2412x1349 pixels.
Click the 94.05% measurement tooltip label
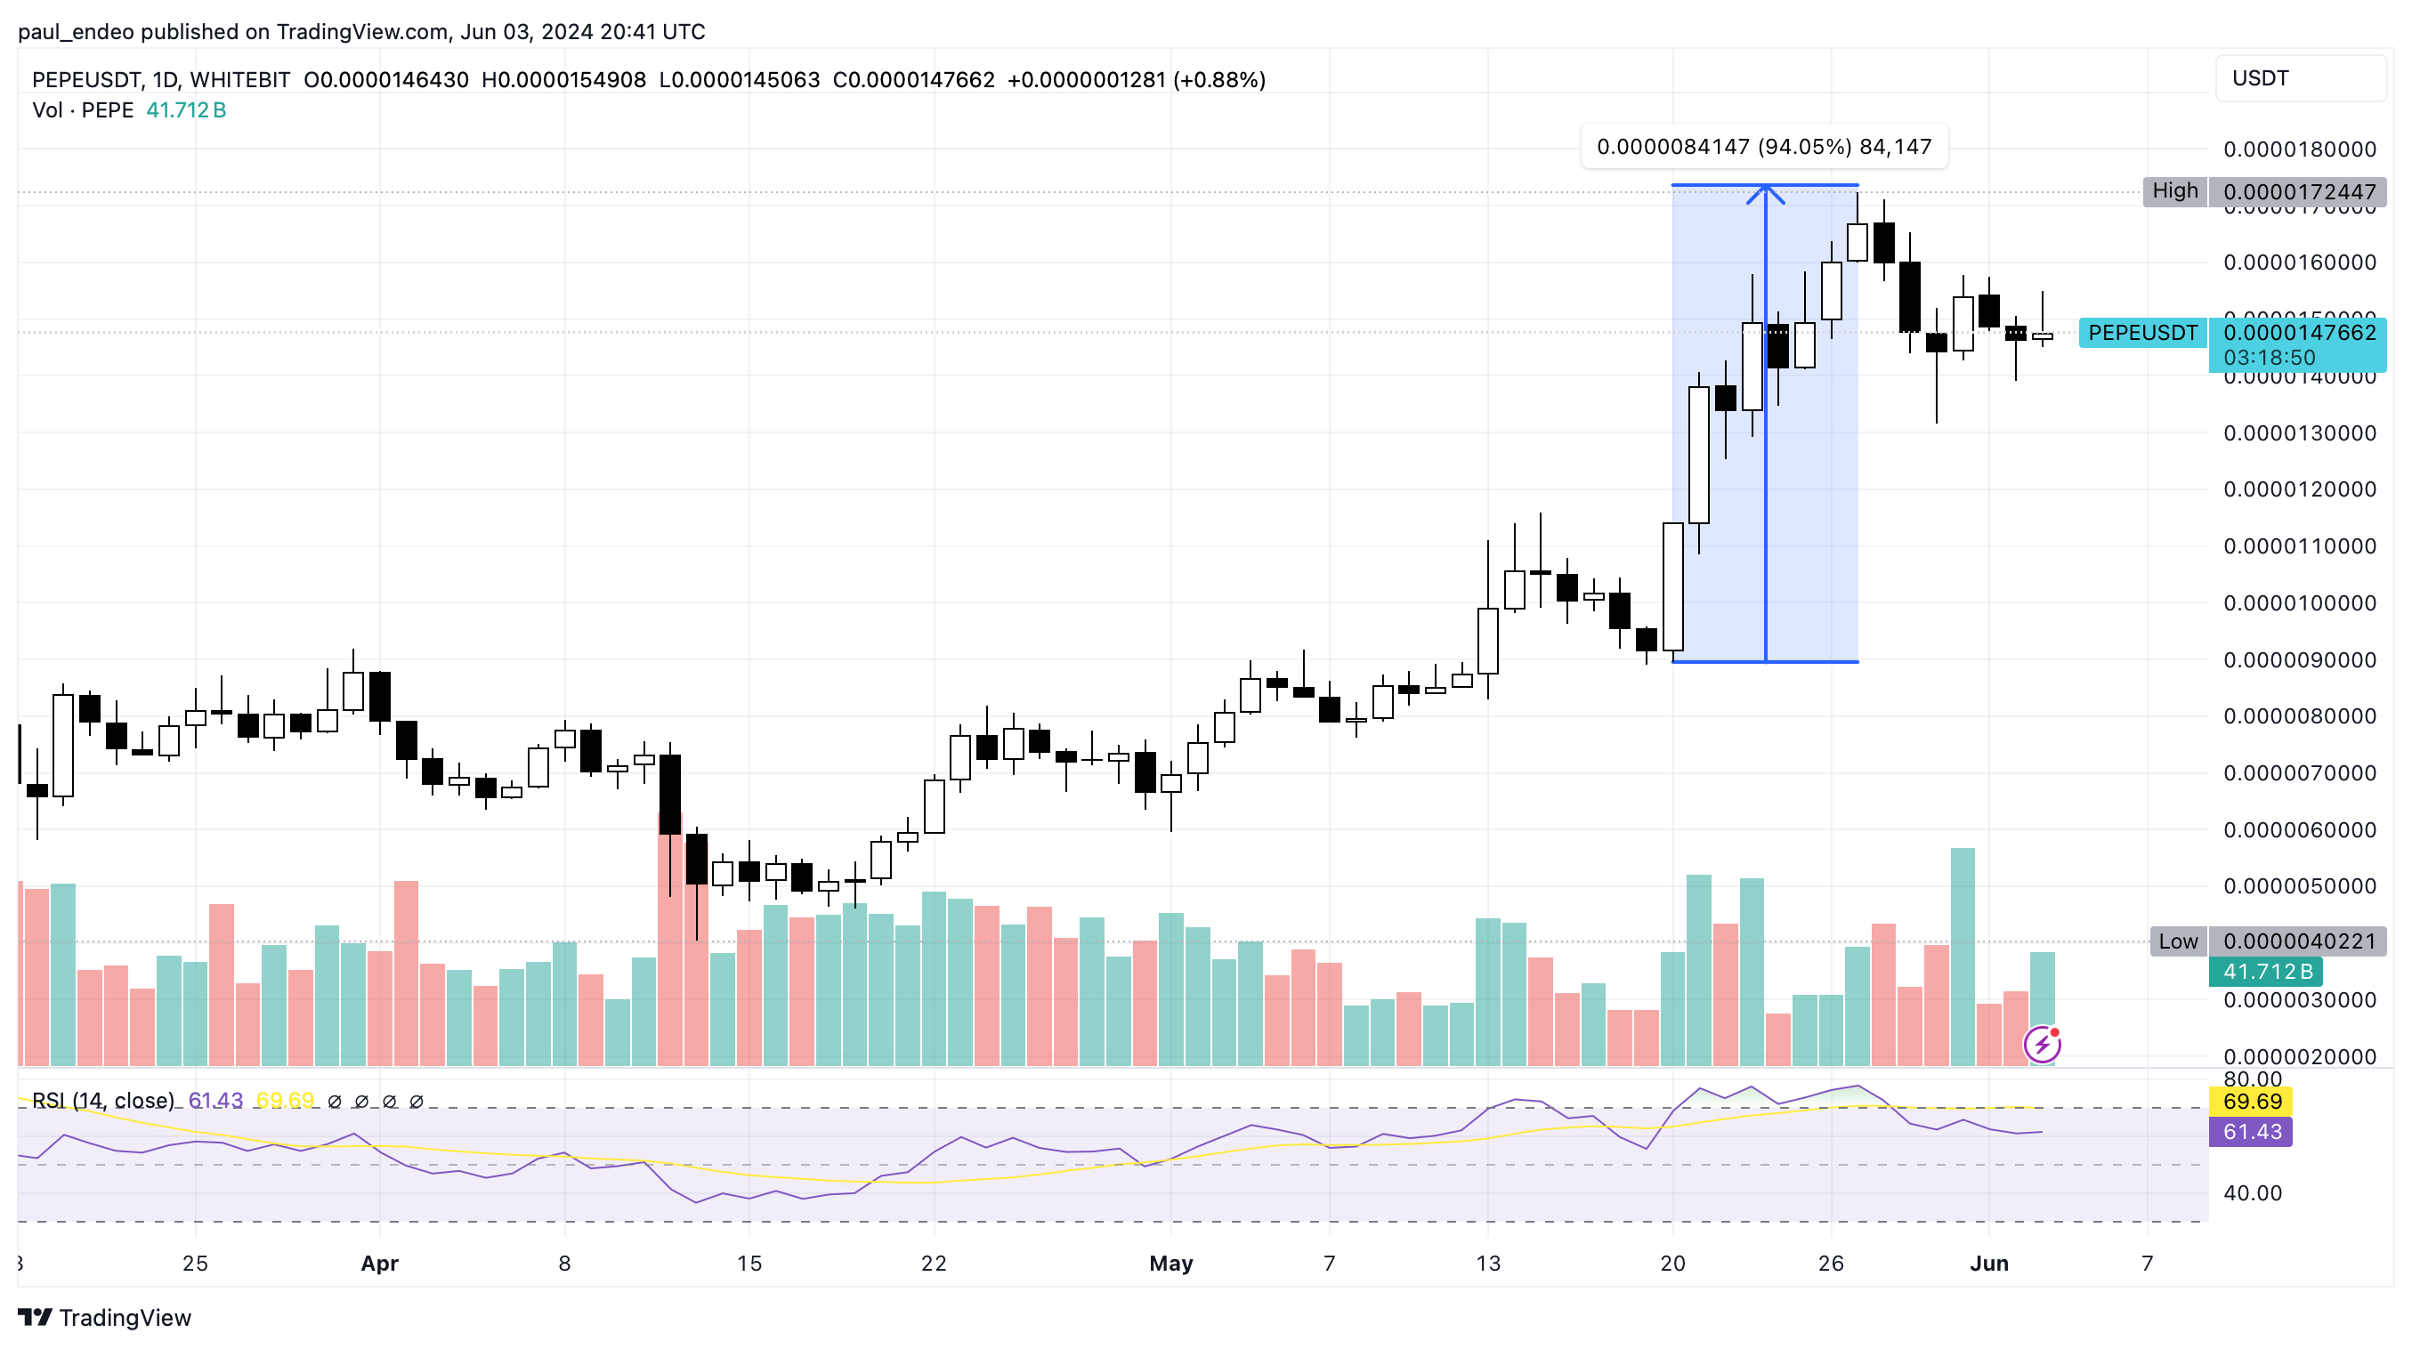1763,147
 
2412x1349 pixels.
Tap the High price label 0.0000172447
2299,192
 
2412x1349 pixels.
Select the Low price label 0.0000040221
2299,941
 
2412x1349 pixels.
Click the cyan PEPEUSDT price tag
2142,334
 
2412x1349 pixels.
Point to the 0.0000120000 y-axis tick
2299,489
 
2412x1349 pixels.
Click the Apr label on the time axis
379,1263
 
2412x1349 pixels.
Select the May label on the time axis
1170,1263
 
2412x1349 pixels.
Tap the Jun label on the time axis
1988,1263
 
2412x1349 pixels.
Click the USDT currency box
2299,78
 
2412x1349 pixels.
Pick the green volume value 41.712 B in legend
185,110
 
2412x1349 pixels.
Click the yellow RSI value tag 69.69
2252,1102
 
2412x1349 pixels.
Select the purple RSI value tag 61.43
2252,1132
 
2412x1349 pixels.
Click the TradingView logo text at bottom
105,1317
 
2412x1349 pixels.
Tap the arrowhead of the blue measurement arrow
1765,193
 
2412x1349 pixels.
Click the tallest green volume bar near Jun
1963,955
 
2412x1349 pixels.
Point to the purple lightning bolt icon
2042,1044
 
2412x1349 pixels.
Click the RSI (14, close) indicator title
103,1100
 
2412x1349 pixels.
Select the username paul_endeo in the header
76,32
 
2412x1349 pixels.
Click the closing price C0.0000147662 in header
913,79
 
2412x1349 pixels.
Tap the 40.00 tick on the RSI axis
2252,1192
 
